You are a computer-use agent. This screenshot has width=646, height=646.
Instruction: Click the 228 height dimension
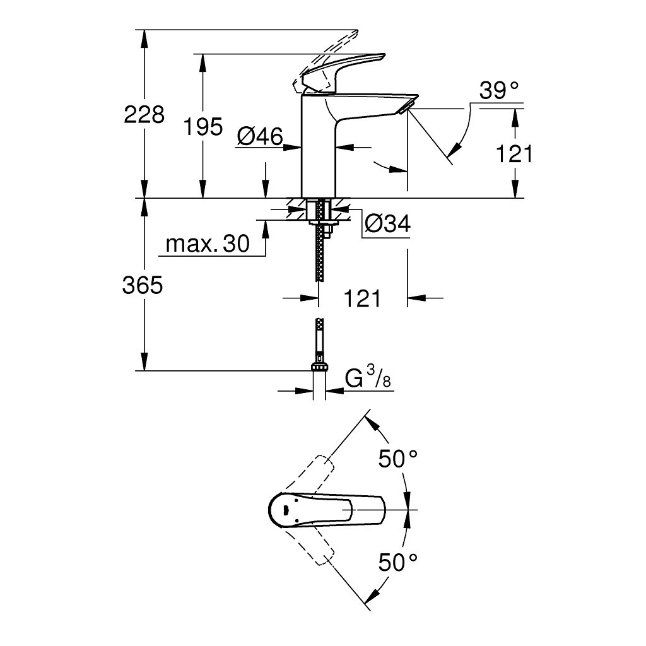click(144, 115)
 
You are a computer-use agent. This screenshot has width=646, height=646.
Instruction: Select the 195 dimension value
click(203, 127)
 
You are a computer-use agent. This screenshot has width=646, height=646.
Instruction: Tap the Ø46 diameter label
click(260, 136)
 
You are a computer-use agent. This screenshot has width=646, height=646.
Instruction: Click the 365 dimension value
click(143, 286)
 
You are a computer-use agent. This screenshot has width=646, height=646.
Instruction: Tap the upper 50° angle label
click(399, 459)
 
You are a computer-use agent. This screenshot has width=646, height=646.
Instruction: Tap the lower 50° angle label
click(399, 561)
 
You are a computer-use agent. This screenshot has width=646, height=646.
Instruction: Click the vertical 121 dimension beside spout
click(514, 153)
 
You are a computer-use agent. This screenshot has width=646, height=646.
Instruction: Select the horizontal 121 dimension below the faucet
click(362, 298)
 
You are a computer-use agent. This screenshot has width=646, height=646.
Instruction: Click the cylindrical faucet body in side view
click(319, 145)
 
